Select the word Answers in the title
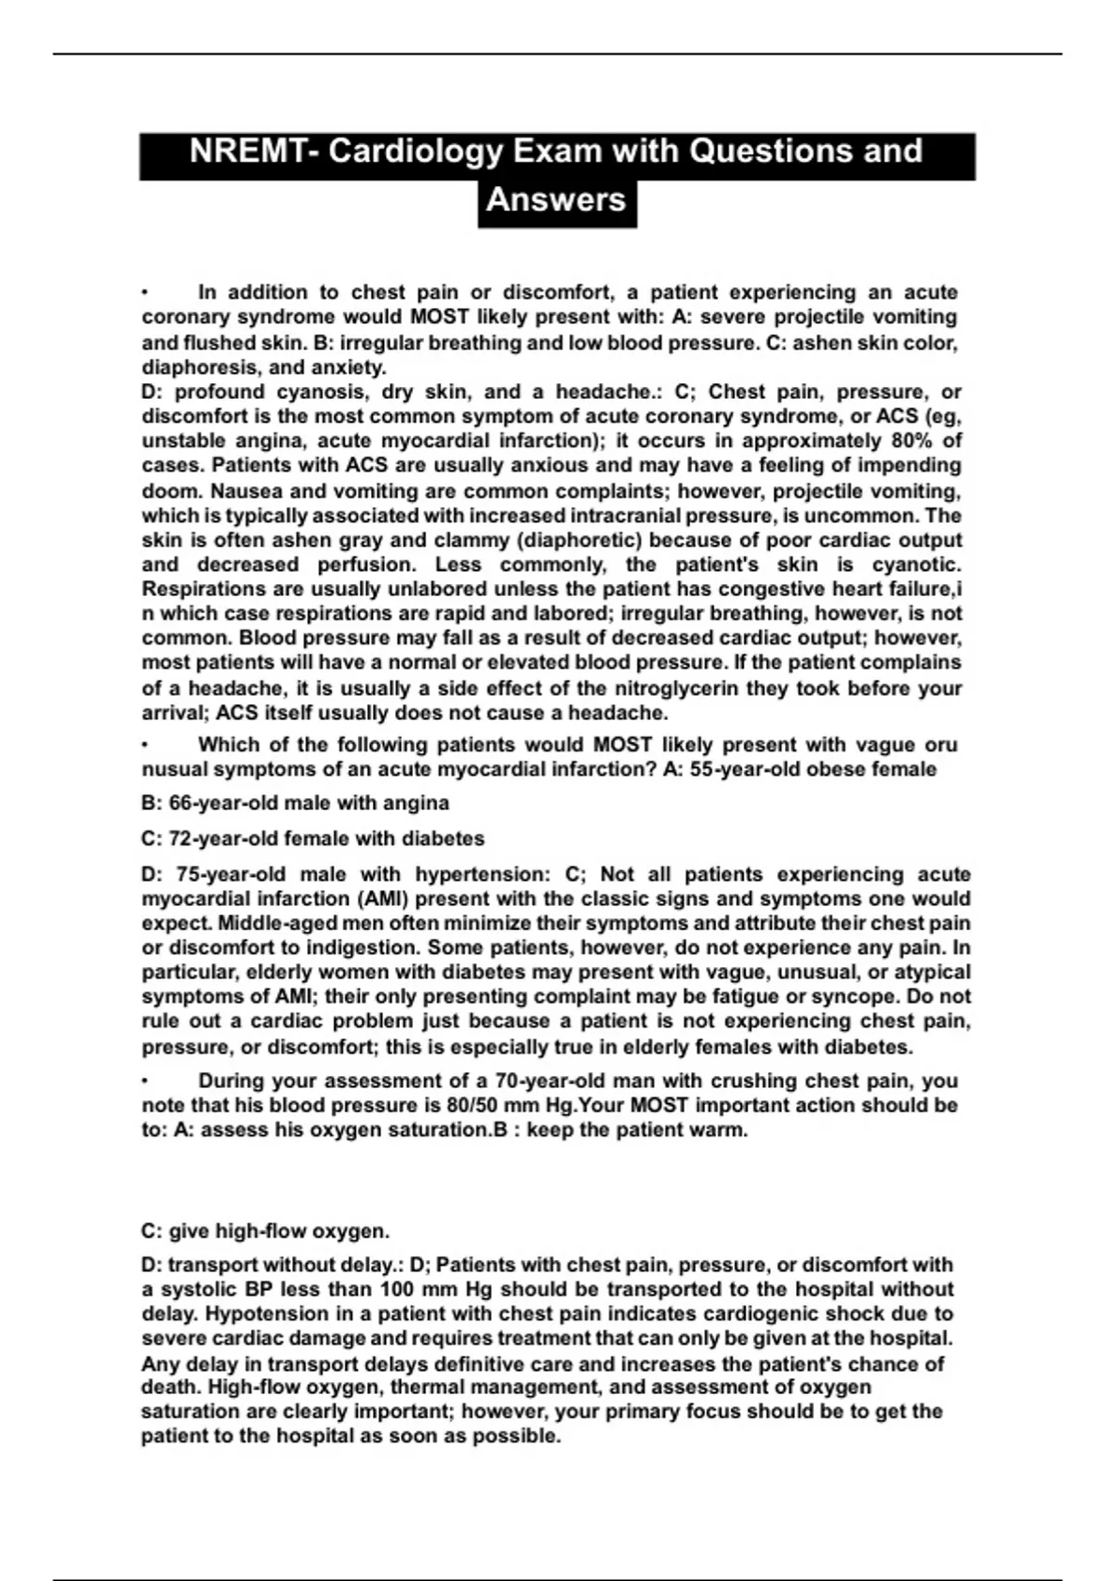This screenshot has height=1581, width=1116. (x=556, y=199)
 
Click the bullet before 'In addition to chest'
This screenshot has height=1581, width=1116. (x=145, y=293)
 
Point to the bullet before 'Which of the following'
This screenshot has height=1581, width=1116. (x=145, y=745)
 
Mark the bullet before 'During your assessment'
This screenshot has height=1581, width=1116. (x=145, y=1082)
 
